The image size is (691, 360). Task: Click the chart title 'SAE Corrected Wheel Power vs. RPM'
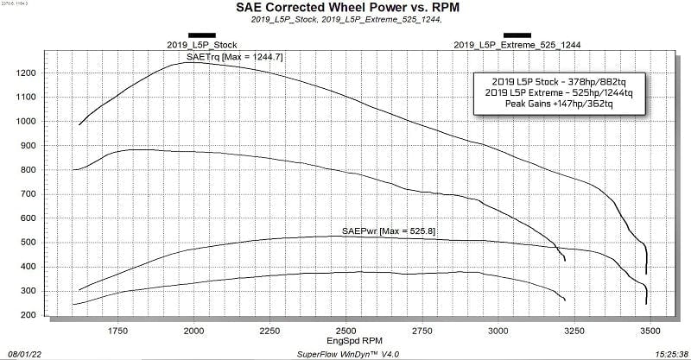coord(348,8)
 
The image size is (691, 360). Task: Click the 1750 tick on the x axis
coord(117,331)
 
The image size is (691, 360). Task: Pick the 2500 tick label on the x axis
coord(346,331)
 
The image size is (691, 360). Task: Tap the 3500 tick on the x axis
coord(650,331)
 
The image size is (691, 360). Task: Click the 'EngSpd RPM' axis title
coord(354,341)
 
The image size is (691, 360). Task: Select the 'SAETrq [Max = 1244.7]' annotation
coord(234,57)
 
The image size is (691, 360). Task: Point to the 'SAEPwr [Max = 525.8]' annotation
coord(389,231)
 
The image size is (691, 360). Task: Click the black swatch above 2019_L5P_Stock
coord(202,35)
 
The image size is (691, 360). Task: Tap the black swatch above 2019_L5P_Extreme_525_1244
coord(517,35)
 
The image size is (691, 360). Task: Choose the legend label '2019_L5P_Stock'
coord(202,45)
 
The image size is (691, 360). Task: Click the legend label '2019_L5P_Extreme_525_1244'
coord(517,45)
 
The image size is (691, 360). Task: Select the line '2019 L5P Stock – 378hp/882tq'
coord(559,82)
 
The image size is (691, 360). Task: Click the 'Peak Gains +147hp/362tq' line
coord(559,104)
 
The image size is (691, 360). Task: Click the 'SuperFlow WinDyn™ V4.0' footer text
coord(348,354)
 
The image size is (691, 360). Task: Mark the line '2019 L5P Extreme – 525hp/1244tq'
coord(559,93)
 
